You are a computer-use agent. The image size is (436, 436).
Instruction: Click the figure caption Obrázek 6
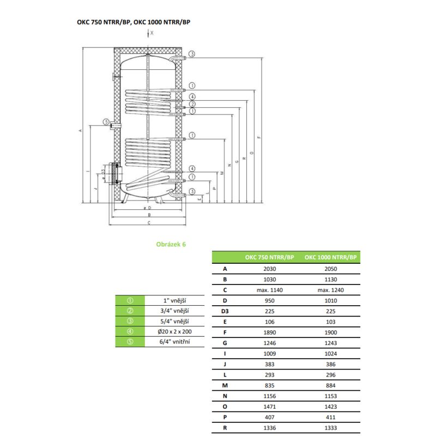(171, 244)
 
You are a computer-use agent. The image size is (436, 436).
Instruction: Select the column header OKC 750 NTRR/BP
(269, 257)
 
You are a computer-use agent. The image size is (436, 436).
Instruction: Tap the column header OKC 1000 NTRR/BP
(330, 257)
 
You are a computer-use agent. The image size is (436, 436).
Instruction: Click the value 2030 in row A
(269, 269)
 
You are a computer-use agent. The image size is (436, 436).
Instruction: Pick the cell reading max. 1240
(330, 290)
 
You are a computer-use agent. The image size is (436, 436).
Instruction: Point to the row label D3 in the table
(225, 311)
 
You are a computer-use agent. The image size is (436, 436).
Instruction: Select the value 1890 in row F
(269, 332)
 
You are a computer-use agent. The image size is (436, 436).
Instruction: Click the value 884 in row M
(330, 385)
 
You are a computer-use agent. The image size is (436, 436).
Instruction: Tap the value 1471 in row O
(269, 407)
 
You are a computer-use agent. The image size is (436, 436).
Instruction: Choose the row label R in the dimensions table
(225, 428)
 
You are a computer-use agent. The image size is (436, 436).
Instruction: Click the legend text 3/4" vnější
(174, 311)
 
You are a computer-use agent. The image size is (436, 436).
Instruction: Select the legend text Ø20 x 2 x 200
(174, 331)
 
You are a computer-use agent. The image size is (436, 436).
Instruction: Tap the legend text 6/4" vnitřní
(174, 342)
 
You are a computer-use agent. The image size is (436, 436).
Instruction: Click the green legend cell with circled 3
(130, 321)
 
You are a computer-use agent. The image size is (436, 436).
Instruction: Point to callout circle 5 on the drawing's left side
(106, 122)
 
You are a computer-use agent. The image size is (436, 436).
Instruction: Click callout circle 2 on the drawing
(192, 104)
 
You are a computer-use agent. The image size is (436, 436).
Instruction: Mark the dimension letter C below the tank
(149, 223)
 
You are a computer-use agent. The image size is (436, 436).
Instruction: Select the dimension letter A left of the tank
(80, 130)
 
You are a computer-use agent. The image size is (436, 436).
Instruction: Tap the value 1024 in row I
(330, 354)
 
